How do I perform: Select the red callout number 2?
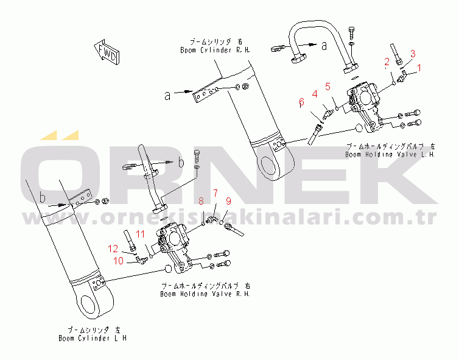tap(386, 61)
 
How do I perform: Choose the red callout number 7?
tap(214, 193)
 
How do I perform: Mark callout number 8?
tap(201, 201)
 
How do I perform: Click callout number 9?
tap(228, 201)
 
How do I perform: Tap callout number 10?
tap(119, 261)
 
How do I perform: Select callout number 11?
tap(139, 235)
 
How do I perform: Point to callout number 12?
tap(113, 248)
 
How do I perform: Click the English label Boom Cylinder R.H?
tap(215, 50)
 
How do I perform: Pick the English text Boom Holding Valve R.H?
tap(205, 293)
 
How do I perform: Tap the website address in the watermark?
tap(231, 217)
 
